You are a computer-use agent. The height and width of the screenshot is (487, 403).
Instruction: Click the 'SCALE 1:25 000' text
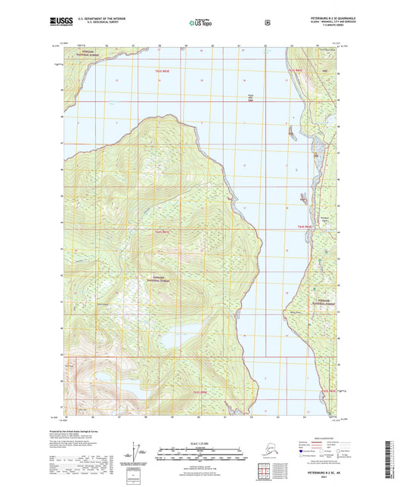tap(201, 442)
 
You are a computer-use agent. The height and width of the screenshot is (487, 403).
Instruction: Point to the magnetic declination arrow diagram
tap(136, 453)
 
